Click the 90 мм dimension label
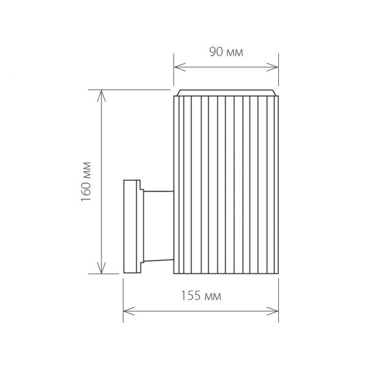[x=226, y=52]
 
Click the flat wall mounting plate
[x=130, y=226]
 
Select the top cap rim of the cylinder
[x=226, y=93]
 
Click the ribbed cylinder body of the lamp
[x=226, y=183]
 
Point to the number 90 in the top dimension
[x=216, y=52]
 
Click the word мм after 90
[x=235, y=52]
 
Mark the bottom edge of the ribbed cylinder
[x=226, y=273]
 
